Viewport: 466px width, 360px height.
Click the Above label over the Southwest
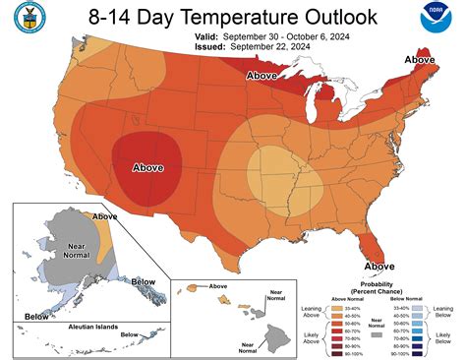147,166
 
